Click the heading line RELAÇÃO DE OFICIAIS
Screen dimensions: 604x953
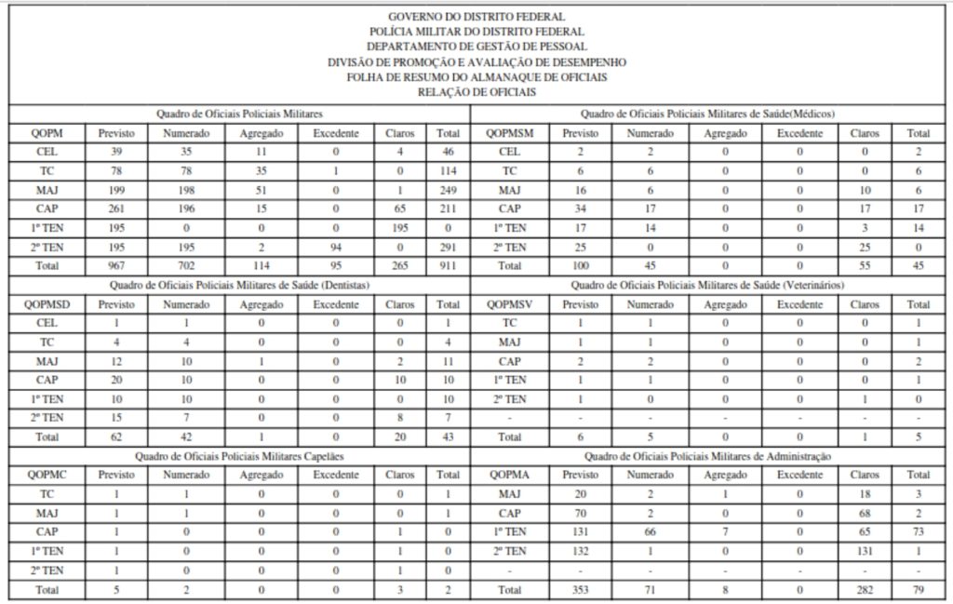[476, 92]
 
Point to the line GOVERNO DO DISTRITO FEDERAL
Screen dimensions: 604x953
[476, 17]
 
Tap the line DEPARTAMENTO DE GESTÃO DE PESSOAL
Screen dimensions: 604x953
[476, 47]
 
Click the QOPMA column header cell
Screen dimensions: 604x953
[509, 474]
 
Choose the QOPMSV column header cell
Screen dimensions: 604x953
[509, 303]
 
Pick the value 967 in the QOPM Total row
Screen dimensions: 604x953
[116, 264]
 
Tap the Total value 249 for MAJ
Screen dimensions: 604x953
[449, 189]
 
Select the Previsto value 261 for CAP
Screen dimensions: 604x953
[116, 208]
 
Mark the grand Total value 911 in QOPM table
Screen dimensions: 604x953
[449, 264]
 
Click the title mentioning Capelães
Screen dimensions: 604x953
[239, 456]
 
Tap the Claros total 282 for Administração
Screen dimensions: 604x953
[866, 589]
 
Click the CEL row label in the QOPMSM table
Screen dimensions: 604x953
[509, 152]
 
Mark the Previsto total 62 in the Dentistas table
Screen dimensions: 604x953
[116, 436]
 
